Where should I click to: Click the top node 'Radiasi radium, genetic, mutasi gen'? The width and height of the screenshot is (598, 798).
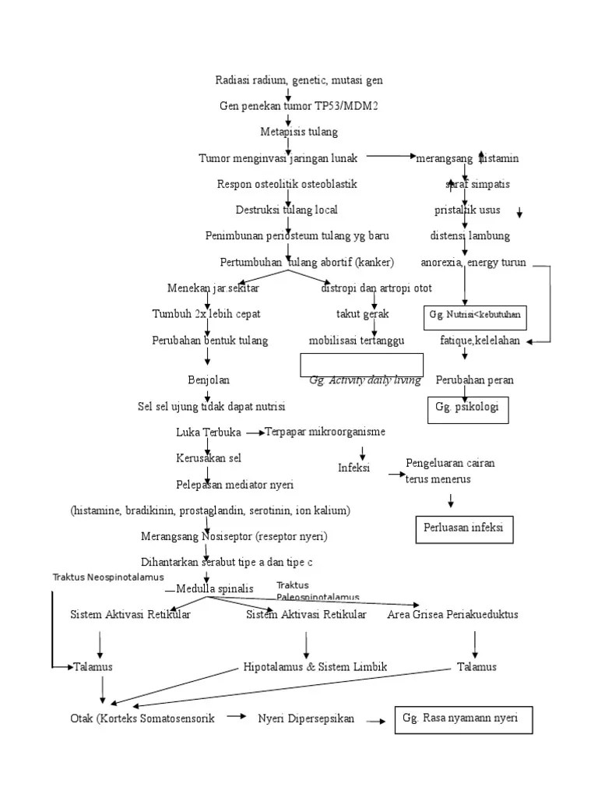coord(299,80)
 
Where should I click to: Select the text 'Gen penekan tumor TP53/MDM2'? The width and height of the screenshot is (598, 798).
coord(299,106)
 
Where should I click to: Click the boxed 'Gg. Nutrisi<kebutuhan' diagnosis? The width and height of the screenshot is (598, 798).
coord(475,315)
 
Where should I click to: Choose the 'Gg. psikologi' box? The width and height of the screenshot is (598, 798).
coord(468,408)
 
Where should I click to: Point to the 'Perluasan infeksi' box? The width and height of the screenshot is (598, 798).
coord(464,528)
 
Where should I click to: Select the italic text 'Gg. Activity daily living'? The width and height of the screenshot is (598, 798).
coord(365,380)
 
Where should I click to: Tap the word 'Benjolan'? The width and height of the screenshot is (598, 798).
coord(209,380)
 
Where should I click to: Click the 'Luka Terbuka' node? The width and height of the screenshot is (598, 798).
coord(209,433)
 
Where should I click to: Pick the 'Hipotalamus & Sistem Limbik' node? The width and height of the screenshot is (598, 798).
coord(315,667)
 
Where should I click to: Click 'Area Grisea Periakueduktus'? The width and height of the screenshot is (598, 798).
coord(452,615)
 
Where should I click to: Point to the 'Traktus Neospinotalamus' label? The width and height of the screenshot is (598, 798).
coord(108,577)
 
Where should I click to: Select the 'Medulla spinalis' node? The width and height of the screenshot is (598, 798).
coord(215,589)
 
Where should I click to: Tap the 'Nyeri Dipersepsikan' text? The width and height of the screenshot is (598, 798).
coord(306,719)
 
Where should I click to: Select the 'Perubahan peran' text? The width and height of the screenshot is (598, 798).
coord(474,380)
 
